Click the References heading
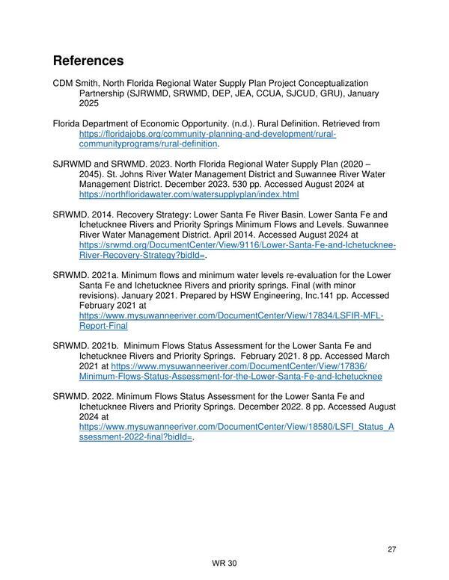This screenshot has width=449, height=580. tap(88, 59)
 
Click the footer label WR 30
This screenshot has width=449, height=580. tap(224, 564)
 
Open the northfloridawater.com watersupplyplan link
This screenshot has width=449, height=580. tap(189, 194)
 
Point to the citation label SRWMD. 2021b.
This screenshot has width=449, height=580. tap(86, 345)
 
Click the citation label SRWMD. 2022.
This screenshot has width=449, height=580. tap(83, 396)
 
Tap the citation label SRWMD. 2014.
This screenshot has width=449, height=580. tap(83, 214)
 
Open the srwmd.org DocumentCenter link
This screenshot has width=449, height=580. tap(237, 244)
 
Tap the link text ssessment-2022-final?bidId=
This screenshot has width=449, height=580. tap(135, 437)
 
